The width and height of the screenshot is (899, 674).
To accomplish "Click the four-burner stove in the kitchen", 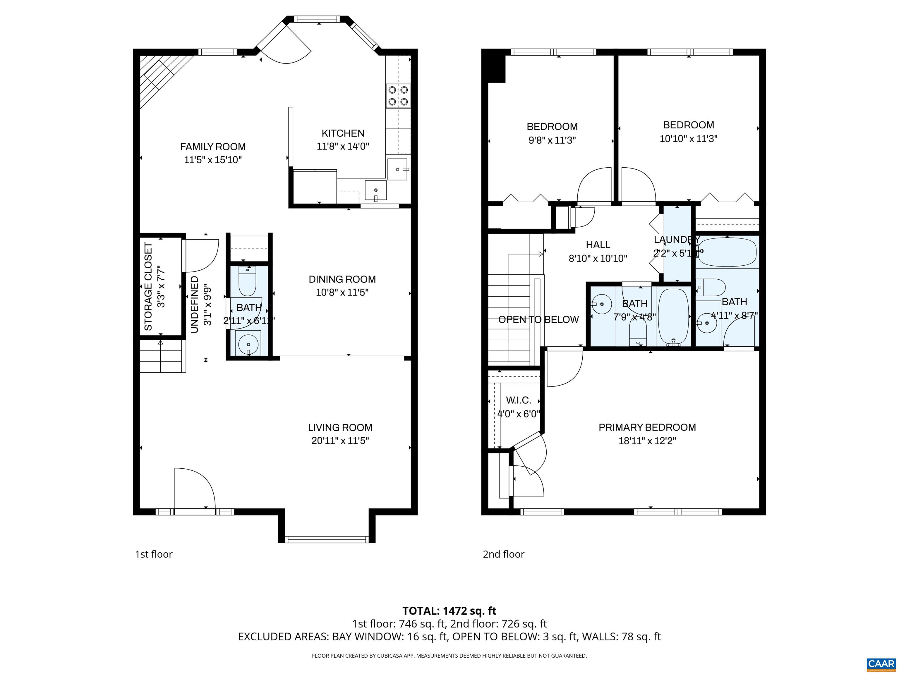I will coord(398,95).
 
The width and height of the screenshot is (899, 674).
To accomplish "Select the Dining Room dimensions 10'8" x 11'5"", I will coord(342,293).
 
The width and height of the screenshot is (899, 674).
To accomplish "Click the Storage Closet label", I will coord(148,286).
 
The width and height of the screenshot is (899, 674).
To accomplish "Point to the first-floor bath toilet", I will coord(247,283).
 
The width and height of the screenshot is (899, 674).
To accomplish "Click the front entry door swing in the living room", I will coord(194,488).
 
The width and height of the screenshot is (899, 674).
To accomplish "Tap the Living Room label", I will coord(340,427).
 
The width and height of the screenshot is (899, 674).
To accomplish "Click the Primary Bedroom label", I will coord(647,427).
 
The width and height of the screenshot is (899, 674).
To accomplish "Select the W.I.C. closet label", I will coord(518,400).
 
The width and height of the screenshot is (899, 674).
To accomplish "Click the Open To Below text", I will coord(538,319).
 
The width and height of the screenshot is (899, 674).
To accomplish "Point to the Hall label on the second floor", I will coord(598,245).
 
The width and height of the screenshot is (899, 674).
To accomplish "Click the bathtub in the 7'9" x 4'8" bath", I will coord(673,317).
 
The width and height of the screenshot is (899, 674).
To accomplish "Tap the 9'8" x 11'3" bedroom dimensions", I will coord(552,140).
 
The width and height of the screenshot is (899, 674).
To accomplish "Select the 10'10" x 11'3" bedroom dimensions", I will coord(689,139).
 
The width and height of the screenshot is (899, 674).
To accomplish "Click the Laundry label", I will coord(677,239).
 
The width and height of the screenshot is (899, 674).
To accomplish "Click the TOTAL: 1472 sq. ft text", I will coord(449,611).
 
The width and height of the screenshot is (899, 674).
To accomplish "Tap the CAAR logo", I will coord(881,664).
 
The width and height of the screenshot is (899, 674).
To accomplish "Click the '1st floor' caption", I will coord(154,554).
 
